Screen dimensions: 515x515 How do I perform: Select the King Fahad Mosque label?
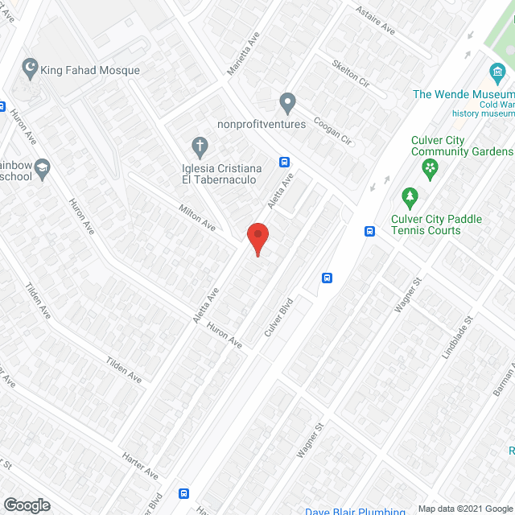point(92,71)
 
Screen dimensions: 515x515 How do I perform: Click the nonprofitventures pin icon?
point(287,103)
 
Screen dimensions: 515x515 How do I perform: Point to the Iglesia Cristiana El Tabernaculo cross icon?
point(200,147)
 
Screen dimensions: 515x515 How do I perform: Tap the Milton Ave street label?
point(197,217)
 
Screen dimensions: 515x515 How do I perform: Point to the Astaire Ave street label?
point(377,22)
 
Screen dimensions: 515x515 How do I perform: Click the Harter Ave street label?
point(141,466)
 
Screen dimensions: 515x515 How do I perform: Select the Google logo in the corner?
point(27,505)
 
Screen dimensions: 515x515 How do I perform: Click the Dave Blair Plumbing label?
point(355,511)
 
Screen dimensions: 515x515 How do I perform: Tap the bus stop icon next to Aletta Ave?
point(285,161)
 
